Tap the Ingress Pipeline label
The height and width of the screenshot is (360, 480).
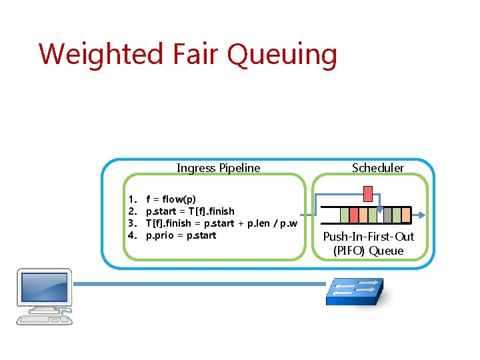click(218, 168)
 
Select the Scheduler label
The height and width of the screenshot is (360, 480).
click(377, 168)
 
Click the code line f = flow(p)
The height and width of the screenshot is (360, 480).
click(171, 199)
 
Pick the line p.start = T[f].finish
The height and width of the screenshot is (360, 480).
click(190, 211)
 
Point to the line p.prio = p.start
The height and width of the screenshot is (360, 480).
click(181, 235)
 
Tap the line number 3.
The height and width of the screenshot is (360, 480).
click(132, 223)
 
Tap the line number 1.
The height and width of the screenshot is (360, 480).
click(132, 199)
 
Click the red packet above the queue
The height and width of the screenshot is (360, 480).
click(367, 194)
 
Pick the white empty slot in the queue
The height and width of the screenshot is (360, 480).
click(379, 215)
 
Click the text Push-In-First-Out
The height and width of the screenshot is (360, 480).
click(369, 237)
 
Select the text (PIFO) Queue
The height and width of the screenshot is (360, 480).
click(369, 251)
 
